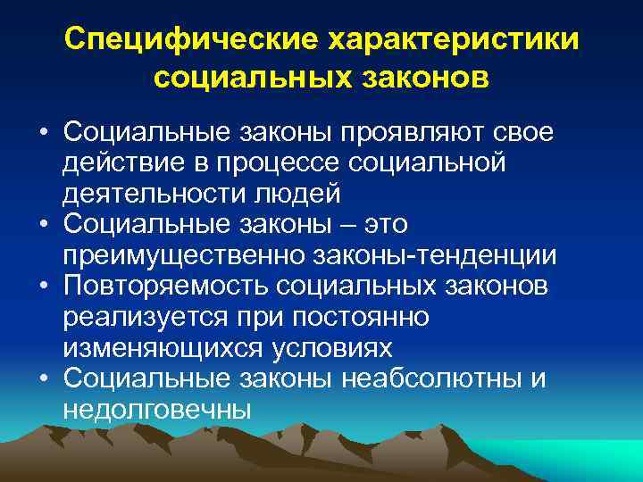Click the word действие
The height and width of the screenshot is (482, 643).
(x=113, y=164)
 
